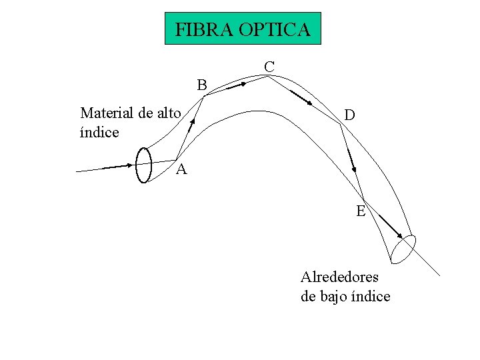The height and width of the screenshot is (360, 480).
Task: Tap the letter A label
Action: tap(181, 170)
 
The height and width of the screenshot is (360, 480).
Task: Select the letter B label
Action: tap(201, 85)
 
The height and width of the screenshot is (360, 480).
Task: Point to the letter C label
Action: tap(269, 66)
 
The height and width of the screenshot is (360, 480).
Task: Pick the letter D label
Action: tap(349, 115)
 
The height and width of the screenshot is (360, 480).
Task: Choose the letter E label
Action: tap(361, 211)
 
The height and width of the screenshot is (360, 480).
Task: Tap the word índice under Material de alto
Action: tap(99, 132)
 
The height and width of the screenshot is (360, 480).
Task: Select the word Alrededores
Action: tap(339, 277)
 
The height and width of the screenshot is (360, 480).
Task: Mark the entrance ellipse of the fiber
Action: tap(143, 163)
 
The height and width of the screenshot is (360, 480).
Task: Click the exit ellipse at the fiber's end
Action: tap(403, 249)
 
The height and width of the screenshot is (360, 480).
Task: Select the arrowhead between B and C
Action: tap(243, 84)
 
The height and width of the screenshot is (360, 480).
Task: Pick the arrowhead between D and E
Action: tap(355, 169)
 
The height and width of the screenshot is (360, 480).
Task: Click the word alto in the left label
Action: tap(168, 113)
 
